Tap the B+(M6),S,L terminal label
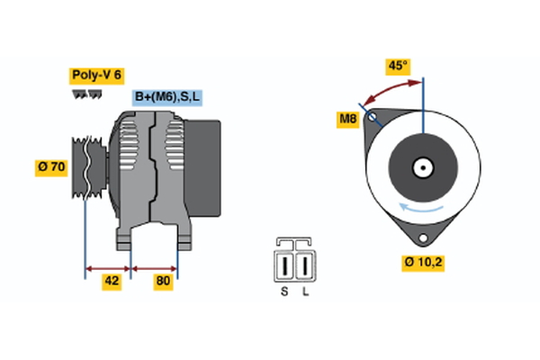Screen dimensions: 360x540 point(167,97)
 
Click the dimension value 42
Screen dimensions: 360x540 point(110,281)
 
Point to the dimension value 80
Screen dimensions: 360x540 point(164,281)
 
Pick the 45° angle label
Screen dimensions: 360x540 point(396,66)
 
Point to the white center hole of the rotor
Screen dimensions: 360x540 point(421,166)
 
